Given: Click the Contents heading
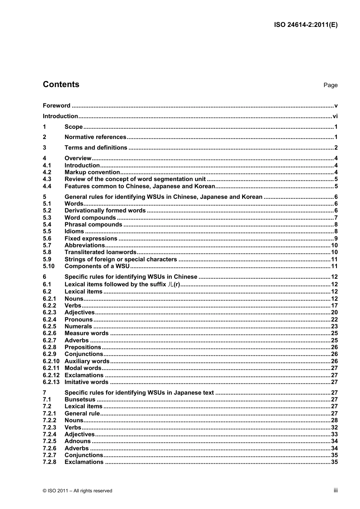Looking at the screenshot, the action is (61, 84).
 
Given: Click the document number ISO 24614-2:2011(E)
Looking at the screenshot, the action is (305, 25).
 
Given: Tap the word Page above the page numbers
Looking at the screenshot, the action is (330, 85).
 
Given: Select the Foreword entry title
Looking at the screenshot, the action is (56, 106).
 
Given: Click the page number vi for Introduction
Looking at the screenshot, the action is (335, 116).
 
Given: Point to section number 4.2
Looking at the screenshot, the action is (47, 172).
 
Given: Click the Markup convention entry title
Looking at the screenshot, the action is (92, 172).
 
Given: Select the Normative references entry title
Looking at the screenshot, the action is (95, 137).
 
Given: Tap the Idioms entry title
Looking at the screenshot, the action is (74, 231).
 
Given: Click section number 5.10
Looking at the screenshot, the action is (49, 266).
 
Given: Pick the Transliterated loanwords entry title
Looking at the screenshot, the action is (100, 252).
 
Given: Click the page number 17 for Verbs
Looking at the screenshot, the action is (334, 306).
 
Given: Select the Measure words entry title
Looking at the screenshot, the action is (86, 333).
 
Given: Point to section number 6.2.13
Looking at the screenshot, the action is (51, 382).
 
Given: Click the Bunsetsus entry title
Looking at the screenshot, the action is (80, 400).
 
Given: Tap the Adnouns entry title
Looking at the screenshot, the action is (78, 441).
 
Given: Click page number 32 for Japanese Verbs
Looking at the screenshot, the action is (334, 428).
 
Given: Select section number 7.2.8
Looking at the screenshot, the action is (49, 462).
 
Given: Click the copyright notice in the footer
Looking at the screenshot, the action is (78, 491).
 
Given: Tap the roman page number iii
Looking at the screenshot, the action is (335, 490).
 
